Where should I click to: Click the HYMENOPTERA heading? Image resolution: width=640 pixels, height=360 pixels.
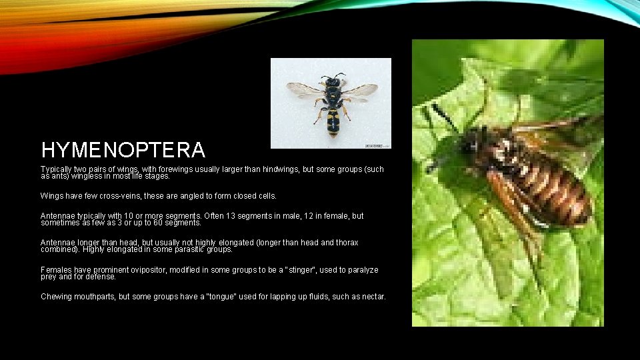123,149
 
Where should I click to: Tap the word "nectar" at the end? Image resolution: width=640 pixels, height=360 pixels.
372,297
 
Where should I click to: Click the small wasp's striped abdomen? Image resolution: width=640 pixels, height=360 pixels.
333,122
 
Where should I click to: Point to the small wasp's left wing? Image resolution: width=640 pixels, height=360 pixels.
304,89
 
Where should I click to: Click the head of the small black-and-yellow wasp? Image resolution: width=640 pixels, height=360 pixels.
331,81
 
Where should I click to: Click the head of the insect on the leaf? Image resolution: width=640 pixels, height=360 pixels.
472,140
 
